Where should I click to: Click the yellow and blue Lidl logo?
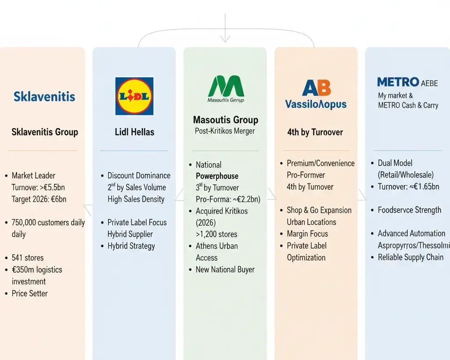(134, 96)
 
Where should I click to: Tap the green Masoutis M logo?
(226, 86)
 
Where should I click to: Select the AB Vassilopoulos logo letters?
(316, 88)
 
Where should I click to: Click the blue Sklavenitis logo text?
(44, 97)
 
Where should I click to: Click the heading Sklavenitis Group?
(44, 132)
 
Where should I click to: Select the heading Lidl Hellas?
(134, 132)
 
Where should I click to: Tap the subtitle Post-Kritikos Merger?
(225, 131)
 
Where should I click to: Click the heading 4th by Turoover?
(315, 132)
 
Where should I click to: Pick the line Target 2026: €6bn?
(39, 199)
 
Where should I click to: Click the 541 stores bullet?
(28, 258)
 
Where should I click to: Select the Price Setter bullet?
(29, 293)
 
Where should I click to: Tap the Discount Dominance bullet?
(139, 176)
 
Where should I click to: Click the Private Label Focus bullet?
(137, 223)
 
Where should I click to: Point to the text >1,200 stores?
(216, 234)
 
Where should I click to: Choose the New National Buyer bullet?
(225, 270)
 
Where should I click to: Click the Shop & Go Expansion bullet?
(319, 210)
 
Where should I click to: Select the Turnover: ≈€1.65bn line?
(408, 187)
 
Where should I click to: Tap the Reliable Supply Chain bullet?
(410, 257)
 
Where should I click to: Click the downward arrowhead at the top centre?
(225, 40)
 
